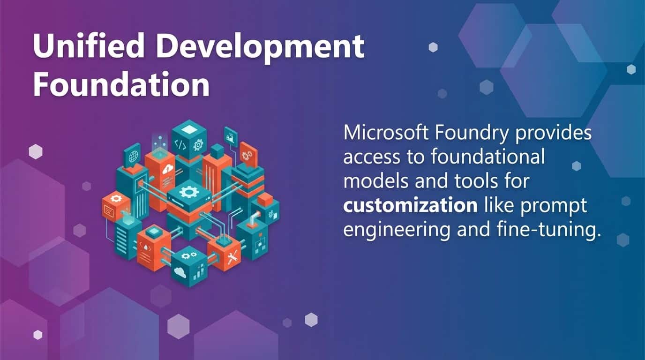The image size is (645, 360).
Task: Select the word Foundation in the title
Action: click(x=121, y=85)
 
